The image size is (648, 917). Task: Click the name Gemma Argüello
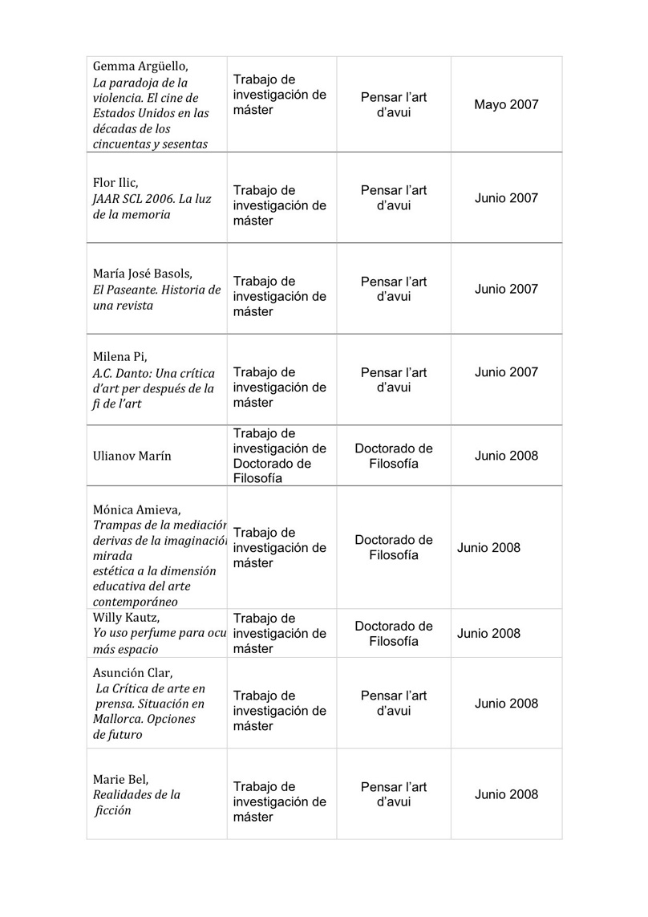[x=140, y=66]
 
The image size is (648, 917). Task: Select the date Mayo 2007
[x=506, y=104]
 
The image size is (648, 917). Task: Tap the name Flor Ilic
[x=115, y=183]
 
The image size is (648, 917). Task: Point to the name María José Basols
[x=143, y=274]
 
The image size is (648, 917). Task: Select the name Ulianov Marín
[x=132, y=456]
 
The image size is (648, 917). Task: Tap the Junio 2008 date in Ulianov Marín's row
[x=506, y=456]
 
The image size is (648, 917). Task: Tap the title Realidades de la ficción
[x=136, y=802]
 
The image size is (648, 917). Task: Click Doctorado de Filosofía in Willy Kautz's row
[x=393, y=634]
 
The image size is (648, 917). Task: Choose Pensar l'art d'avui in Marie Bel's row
[x=393, y=794]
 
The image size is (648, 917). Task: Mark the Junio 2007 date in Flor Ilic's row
[x=506, y=198]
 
